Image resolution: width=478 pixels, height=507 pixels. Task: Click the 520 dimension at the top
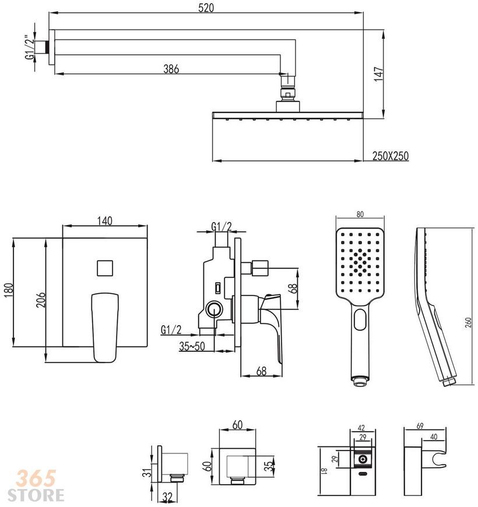point(206,8)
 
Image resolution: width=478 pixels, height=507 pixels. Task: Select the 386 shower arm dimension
point(171,69)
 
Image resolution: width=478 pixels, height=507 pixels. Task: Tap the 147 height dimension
point(379,75)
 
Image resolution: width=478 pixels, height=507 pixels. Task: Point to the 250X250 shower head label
point(391,156)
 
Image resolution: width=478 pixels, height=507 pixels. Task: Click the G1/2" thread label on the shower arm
point(30,48)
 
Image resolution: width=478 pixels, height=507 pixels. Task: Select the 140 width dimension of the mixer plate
point(105,221)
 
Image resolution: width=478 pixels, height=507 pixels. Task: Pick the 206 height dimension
point(41,300)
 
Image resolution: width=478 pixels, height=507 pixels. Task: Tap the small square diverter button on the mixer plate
point(105,268)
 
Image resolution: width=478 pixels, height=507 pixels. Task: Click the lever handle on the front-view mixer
point(105,328)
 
